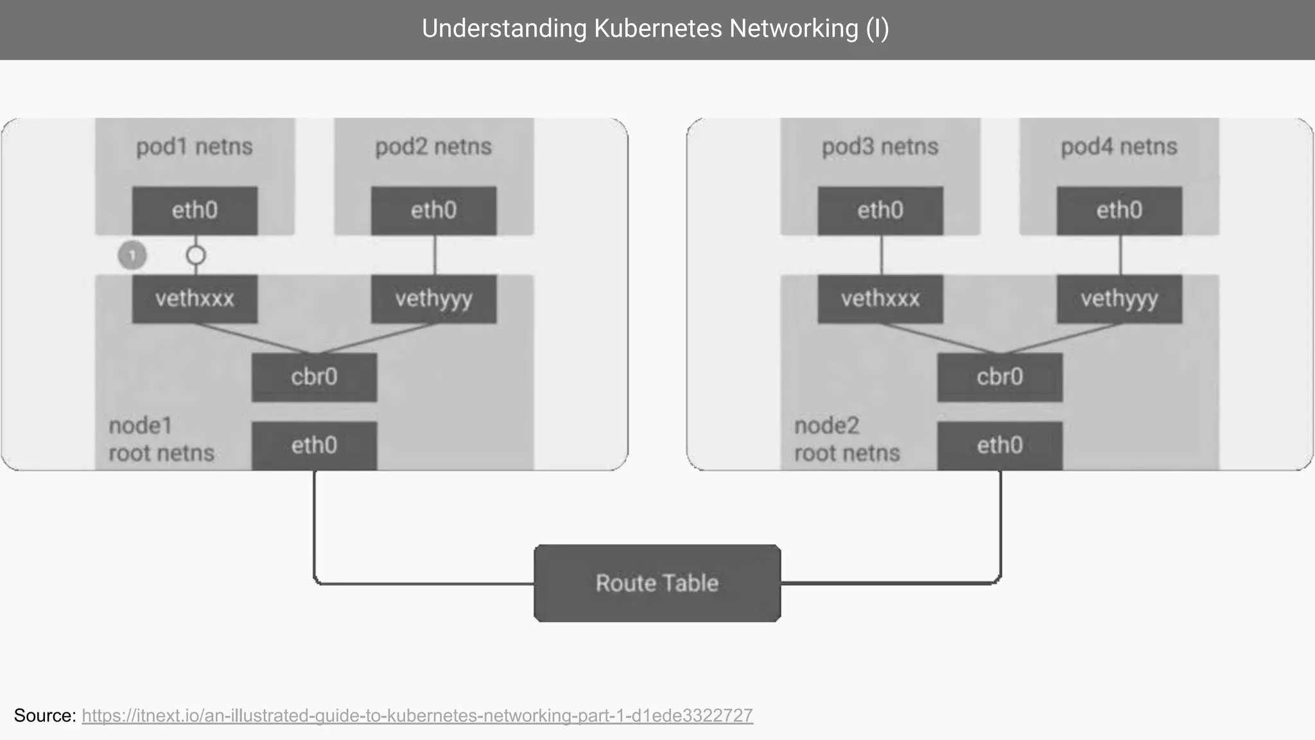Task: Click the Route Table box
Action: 657,583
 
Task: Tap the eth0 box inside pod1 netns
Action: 195,211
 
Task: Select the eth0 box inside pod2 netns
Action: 433,211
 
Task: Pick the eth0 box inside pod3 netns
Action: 880,211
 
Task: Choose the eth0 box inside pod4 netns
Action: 1119,211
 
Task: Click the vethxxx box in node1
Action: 195,299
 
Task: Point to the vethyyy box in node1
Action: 433,299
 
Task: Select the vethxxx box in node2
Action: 880,299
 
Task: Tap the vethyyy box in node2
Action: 1119,299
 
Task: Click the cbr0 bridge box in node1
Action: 314,377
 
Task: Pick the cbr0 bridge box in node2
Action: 1000,377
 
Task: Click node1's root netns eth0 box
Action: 314,445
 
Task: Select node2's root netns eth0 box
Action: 1000,445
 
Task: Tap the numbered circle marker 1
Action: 132,256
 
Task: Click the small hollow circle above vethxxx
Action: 196,256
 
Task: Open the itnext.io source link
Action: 417,716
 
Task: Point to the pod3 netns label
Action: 880,147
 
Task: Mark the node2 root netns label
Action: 846,439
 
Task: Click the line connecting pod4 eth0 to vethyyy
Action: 1120,255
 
